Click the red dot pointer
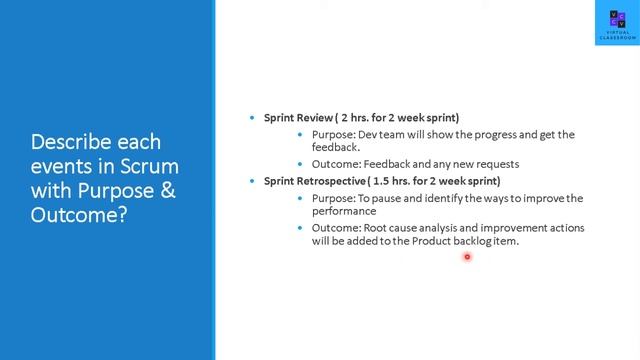[466, 257]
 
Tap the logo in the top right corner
[618, 25]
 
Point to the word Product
[435, 241]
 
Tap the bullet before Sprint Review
[252, 118]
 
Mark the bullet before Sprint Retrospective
[252, 181]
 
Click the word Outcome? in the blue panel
[79, 214]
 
